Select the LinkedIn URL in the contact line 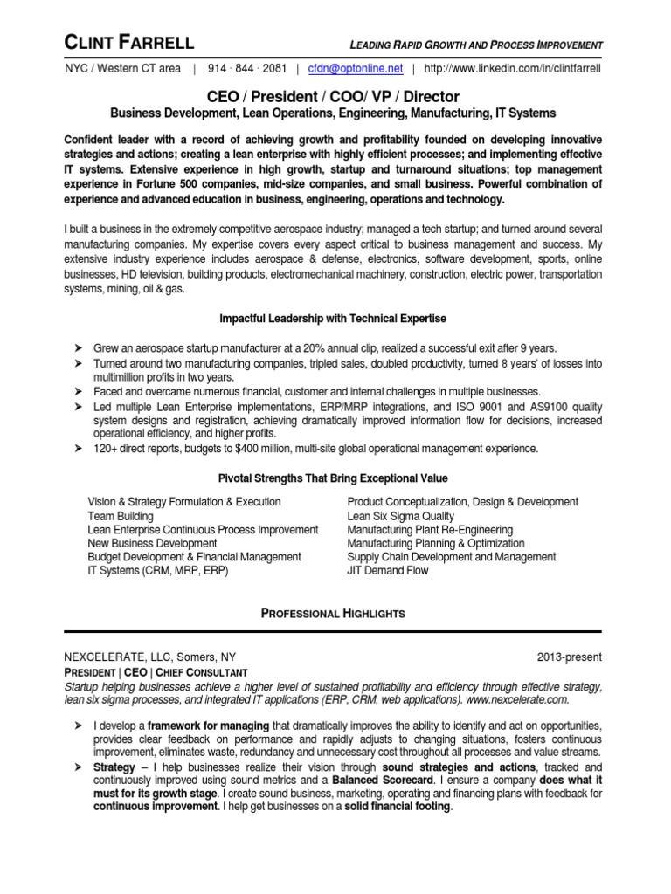pyautogui.click(x=512, y=68)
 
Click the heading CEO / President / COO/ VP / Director pyautogui.click(x=332, y=96)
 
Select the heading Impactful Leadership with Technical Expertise pyautogui.click(x=332, y=318)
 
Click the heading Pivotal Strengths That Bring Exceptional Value pyautogui.click(x=332, y=478)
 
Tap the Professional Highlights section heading pyautogui.click(x=333, y=613)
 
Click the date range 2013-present pyautogui.click(x=571, y=657)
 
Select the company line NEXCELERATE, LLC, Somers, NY pyautogui.click(x=149, y=657)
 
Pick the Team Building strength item pyautogui.click(x=121, y=516)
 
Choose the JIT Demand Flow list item pyautogui.click(x=388, y=570)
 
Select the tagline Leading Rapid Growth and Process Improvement pyautogui.click(x=476, y=45)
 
